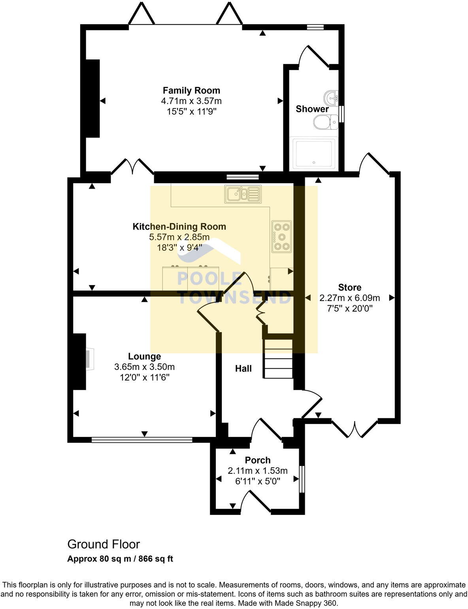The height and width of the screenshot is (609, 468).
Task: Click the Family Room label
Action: click(x=191, y=91)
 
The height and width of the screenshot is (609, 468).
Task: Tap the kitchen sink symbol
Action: click(x=243, y=194)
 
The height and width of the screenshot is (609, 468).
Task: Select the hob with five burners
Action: click(x=281, y=236)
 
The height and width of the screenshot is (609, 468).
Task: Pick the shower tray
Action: click(x=314, y=153)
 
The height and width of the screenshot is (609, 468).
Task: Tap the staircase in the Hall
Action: click(x=278, y=359)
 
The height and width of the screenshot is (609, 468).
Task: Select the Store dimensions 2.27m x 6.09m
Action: click(x=349, y=298)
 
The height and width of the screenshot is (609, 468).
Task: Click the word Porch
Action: click(x=258, y=460)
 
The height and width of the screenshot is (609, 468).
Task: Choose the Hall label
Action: click(x=243, y=369)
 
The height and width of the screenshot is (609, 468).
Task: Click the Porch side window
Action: click(x=302, y=479)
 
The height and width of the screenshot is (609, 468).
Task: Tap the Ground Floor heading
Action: click(x=104, y=545)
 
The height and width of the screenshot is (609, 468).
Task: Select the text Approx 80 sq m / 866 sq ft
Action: click(x=120, y=559)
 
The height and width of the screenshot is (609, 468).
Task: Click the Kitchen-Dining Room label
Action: click(x=179, y=227)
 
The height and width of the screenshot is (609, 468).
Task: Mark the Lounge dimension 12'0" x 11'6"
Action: click(x=145, y=377)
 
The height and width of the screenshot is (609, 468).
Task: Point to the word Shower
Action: click(x=312, y=109)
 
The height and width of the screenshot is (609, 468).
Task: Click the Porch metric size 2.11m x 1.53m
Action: click(x=258, y=471)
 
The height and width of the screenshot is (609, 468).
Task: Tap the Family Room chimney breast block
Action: click(x=92, y=98)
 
